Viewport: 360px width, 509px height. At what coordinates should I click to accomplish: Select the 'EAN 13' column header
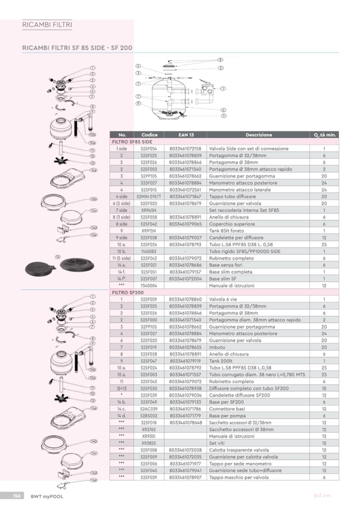coord(185,135)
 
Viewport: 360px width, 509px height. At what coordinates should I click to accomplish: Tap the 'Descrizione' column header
coord(259,135)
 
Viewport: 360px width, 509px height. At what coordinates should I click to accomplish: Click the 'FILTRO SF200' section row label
coord(128,292)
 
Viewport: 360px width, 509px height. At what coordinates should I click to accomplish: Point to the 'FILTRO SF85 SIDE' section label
coord(131,142)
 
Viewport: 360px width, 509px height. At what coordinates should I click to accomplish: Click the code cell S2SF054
coord(149,149)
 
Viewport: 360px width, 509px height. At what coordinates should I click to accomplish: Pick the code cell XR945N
coord(149,210)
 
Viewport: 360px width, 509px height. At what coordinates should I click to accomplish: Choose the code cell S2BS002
coord(149,416)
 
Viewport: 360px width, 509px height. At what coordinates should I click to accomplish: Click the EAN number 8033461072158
coord(185,149)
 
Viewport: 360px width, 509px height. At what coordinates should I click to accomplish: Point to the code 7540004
coord(149,286)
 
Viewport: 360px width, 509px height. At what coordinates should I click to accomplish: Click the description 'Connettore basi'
coord(226,409)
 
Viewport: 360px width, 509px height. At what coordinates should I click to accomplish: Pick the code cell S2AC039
coord(149,409)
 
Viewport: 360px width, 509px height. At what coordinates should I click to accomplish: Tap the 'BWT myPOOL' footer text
coord(43,496)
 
